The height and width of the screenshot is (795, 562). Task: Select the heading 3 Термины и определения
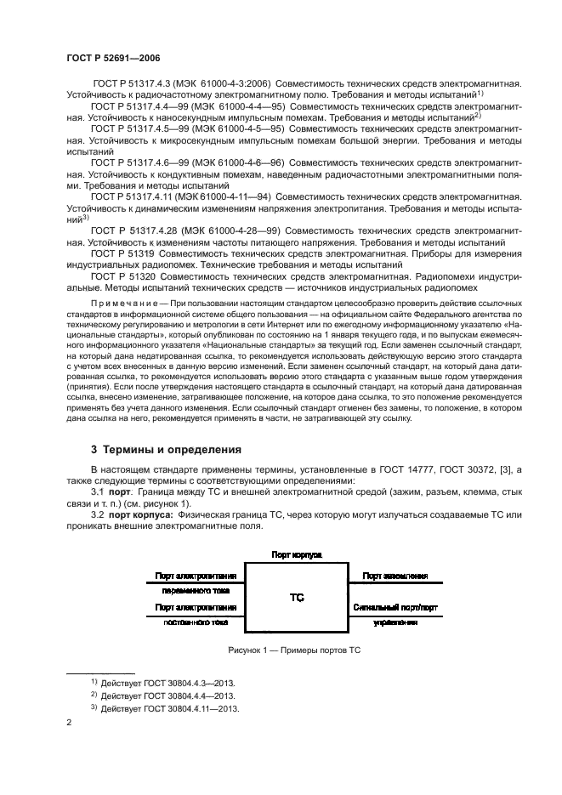(x=166, y=449)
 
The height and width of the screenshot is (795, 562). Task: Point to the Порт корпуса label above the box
(x=296, y=554)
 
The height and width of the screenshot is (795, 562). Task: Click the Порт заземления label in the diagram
(x=394, y=576)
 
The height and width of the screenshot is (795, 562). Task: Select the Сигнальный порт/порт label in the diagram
(x=394, y=608)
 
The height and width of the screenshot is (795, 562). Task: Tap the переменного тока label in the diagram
(x=197, y=591)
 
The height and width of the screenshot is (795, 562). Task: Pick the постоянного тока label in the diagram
(x=197, y=622)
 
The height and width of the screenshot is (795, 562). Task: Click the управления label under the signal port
(x=395, y=622)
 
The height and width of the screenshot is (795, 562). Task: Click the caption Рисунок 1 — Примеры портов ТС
(x=295, y=650)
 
